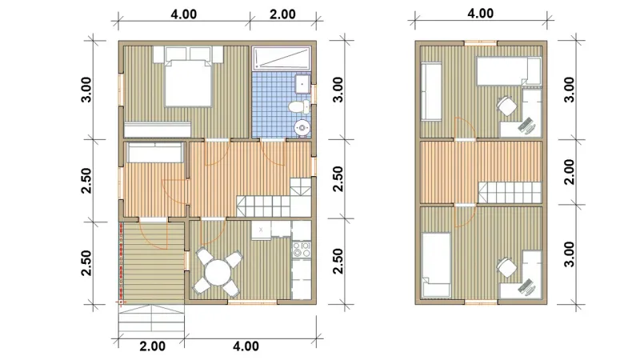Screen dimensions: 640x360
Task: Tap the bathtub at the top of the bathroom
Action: [282, 58]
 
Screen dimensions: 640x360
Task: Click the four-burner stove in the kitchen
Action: [302, 250]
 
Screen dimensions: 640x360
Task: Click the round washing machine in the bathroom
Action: [302, 128]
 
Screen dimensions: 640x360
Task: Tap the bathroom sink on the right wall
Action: [303, 85]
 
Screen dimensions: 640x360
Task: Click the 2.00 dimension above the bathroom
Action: [282, 14]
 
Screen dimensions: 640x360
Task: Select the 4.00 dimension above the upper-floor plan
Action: [481, 14]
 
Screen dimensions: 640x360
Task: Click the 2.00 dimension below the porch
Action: [153, 346]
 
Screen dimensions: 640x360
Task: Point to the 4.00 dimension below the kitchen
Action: [246, 346]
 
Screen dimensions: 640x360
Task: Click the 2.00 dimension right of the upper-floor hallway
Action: [569, 172]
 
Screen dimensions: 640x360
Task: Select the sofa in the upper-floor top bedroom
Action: [431, 91]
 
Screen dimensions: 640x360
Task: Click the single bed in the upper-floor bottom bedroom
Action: [436, 265]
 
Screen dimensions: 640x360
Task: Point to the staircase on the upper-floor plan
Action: [510, 192]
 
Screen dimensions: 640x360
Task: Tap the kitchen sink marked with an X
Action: [261, 230]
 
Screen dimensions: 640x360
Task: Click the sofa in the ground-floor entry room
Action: [154, 152]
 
